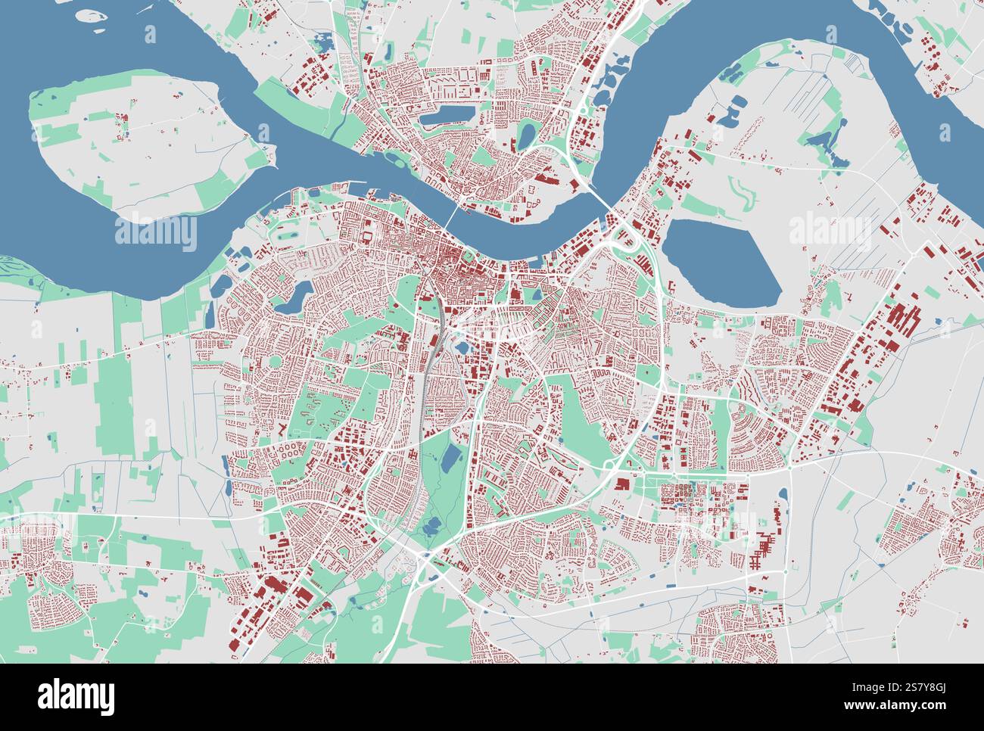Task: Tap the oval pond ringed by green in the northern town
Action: [x=526, y=135]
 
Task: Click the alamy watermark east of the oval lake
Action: [x=830, y=231]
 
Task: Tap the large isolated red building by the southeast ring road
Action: [x=622, y=484]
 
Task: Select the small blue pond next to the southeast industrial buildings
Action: [x=783, y=496]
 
